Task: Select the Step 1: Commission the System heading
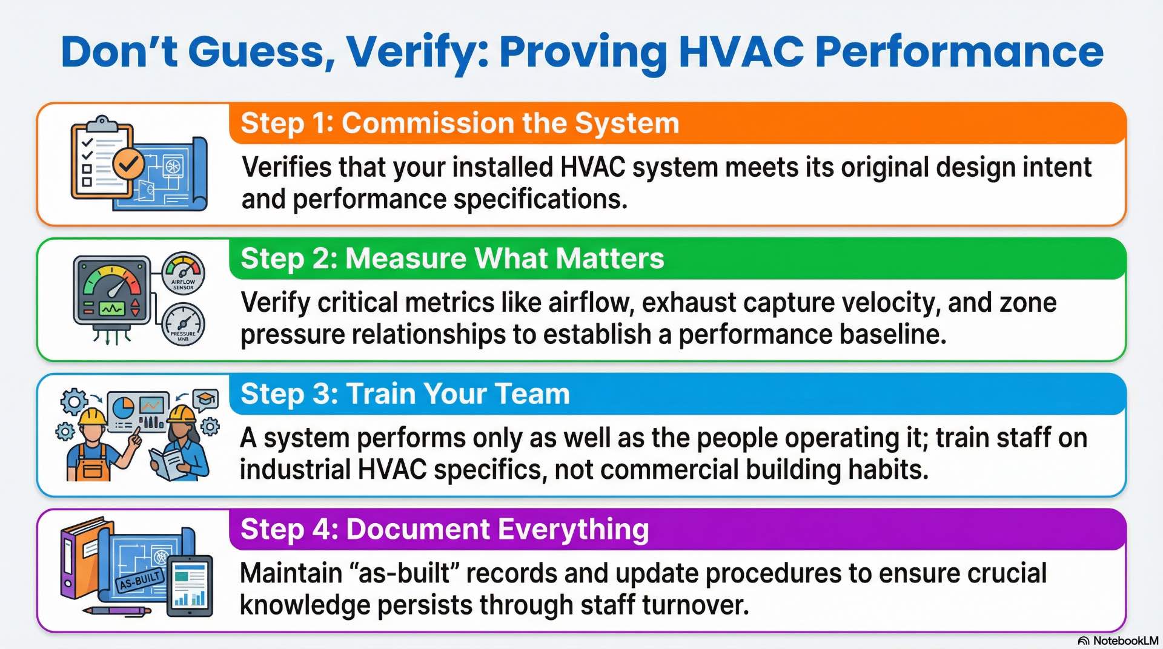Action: pos(460,124)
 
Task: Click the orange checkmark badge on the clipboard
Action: pos(128,163)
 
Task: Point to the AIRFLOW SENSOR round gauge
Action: pos(183,273)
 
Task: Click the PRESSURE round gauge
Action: pos(183,325)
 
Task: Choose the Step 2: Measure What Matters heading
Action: pos(452,259)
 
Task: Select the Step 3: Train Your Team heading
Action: pos(405,394)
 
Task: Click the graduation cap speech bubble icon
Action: pos(205,400)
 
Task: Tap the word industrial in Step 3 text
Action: pos(294,470)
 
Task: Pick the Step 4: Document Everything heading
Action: pos(445,530)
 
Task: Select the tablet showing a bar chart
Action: pos(190,585)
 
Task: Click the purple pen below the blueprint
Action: pos(118,611)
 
